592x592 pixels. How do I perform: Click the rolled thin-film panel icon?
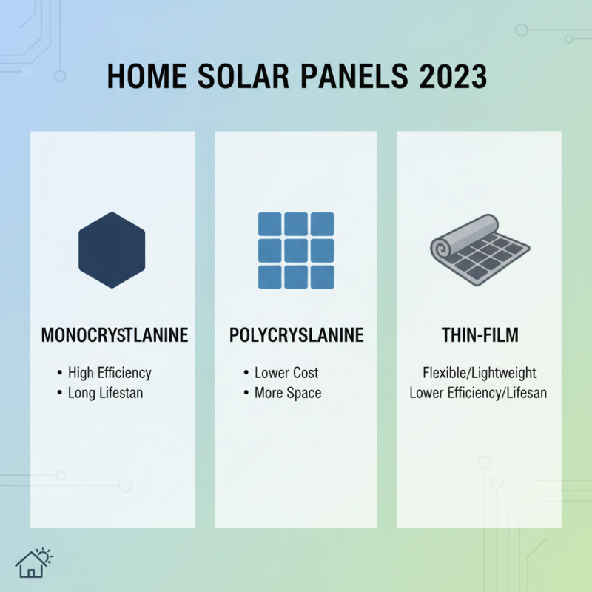[x=479, y=249]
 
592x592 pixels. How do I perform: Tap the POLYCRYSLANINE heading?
[x=297, y=335]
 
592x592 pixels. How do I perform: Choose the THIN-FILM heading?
[x=479, y=335]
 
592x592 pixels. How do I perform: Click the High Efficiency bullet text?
[x=110, y=372]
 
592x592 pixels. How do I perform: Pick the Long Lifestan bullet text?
[x=105, y=392]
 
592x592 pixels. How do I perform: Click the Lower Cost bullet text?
[x=286, y=372]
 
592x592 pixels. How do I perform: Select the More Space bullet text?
[x=288, y=392]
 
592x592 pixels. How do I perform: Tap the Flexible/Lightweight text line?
[x=479, y=372]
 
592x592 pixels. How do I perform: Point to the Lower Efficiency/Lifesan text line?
[x=479, y=392]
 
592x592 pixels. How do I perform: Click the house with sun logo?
[x=34, y=562]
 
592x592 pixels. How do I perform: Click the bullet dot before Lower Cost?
[x=246, y=373]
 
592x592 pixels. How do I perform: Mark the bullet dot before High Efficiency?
[x=59, y=373]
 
